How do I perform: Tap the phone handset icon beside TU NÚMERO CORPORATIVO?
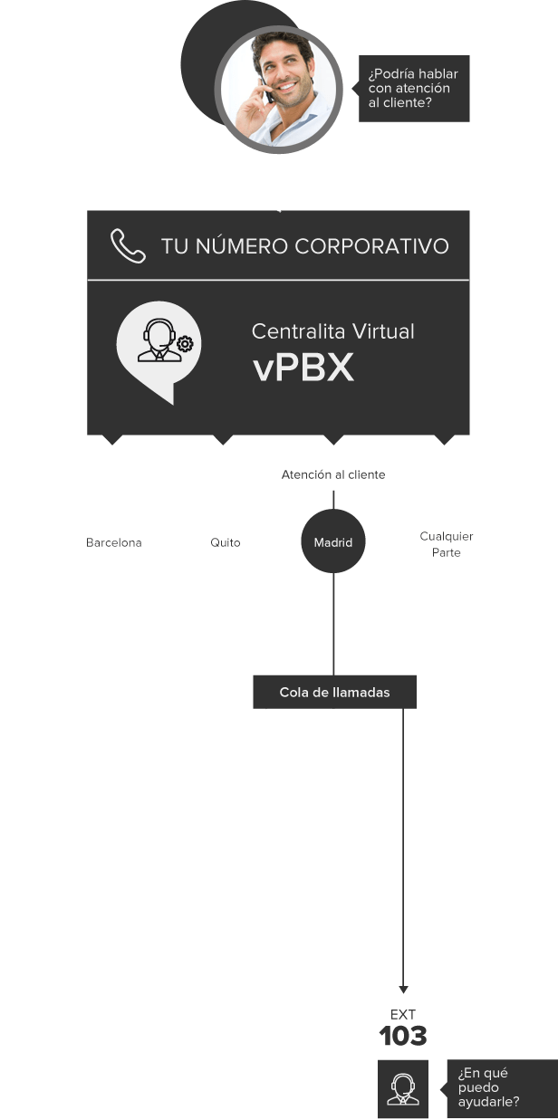point(128,245)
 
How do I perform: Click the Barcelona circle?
point(114,543)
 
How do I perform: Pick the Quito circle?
point(225,543)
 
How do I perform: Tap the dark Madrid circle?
point(333,543)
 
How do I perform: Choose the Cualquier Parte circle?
point(446,544)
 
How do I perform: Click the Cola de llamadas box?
point(334,692)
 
